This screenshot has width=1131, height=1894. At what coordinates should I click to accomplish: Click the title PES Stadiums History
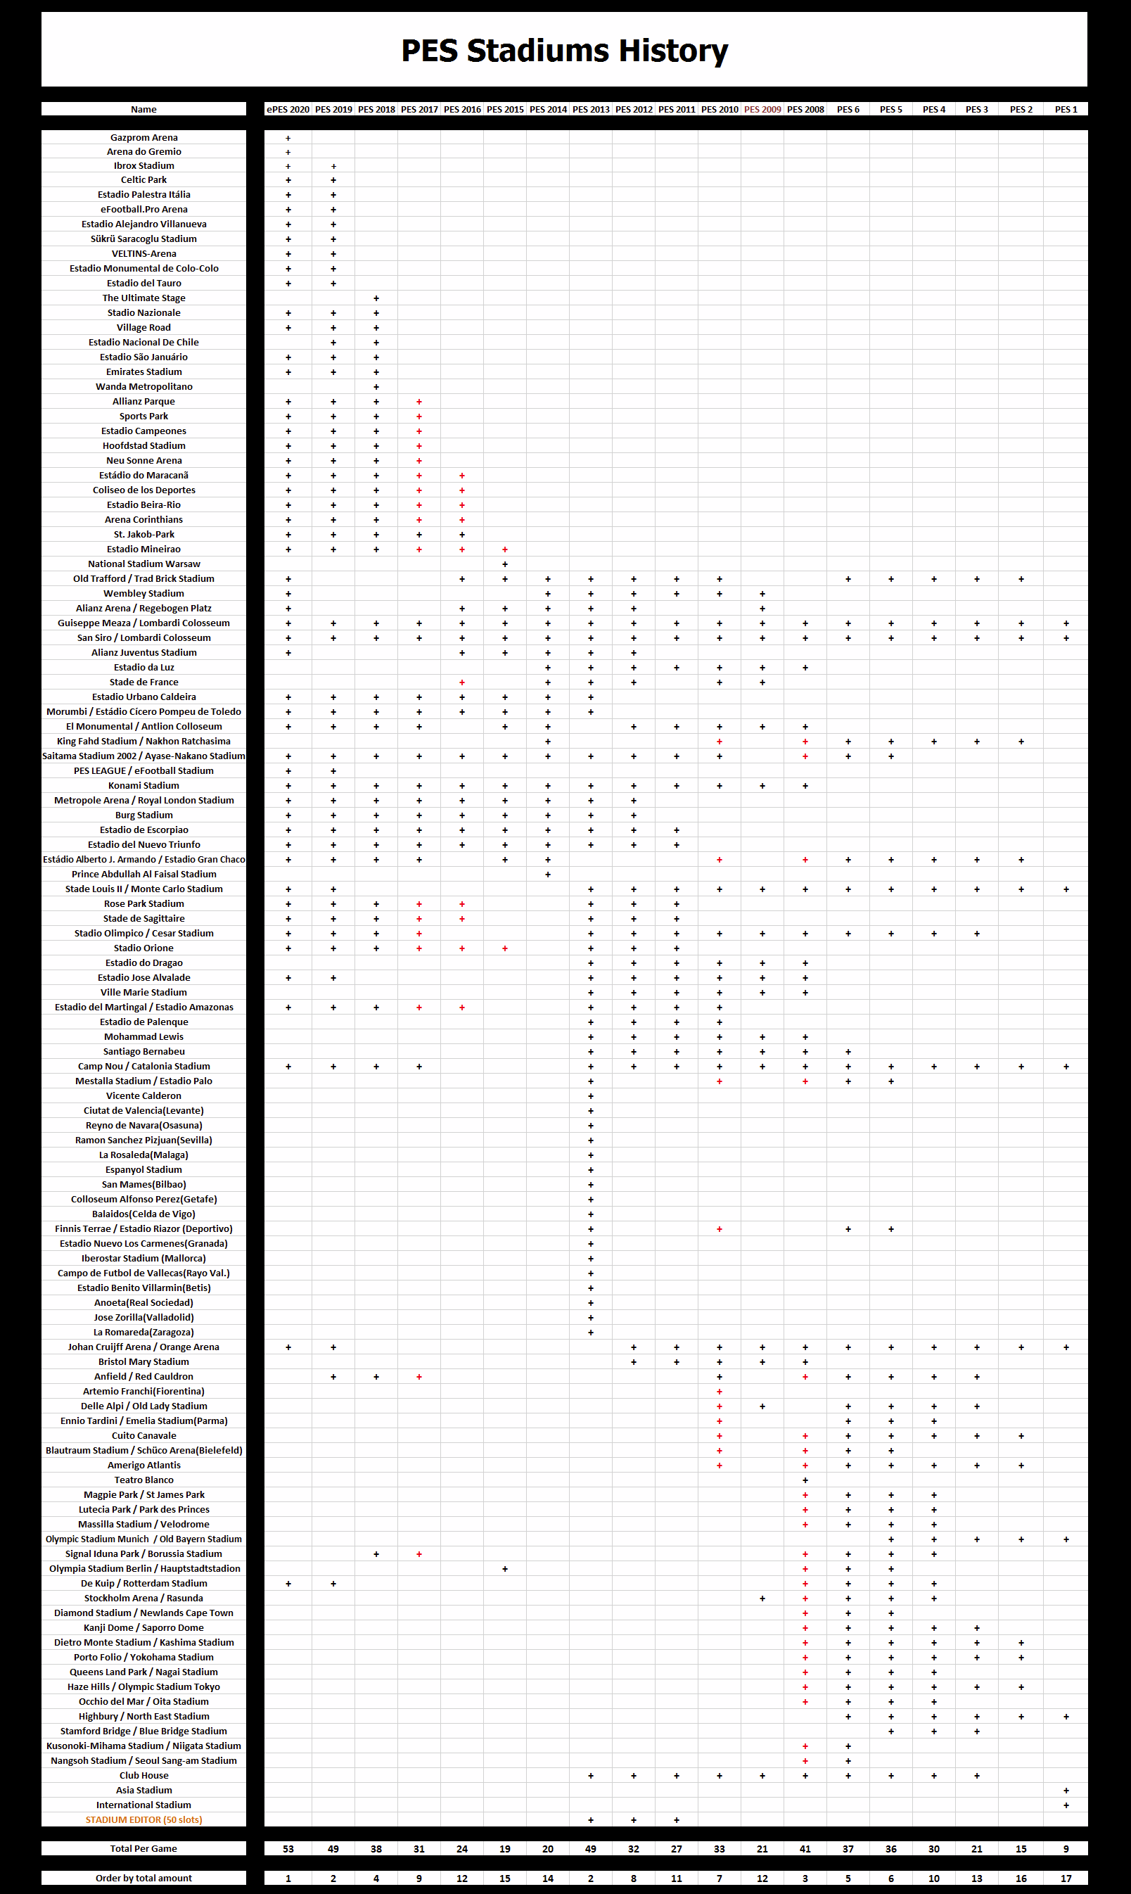coord(564,51)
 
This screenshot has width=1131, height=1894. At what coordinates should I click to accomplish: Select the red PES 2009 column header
coord(762,109)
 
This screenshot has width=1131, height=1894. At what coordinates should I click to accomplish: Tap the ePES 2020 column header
coord(288,109)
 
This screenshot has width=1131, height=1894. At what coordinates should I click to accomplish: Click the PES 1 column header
coord(1066,109)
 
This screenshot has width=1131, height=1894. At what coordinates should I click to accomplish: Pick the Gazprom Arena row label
coord(144,138)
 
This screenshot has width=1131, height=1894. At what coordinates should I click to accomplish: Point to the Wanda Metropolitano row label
coord(144,386)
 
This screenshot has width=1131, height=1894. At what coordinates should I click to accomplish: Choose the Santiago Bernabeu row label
coord(144,1051)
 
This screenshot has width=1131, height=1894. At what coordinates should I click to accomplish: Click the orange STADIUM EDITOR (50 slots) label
coord(144,1819)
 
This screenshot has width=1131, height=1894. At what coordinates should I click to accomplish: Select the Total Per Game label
coord(144,1848)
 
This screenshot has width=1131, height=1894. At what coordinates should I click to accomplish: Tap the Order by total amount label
coord(144,1878)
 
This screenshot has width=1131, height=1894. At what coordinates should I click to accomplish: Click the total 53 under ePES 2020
coord(288,1848)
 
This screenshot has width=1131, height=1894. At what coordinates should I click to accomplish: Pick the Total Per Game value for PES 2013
coord(591,1848)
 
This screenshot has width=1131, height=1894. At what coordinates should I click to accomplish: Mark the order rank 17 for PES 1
coord(1066,1878)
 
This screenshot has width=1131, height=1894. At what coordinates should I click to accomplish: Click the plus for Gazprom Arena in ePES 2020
coord(288,138)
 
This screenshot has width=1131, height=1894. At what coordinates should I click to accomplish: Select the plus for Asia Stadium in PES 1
coord(1066,1791)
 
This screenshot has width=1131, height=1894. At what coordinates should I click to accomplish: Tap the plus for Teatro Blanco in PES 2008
coord(805,1480)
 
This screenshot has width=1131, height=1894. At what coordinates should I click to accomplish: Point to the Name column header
coord(144,109)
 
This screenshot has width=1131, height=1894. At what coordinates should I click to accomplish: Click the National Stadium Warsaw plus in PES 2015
coord(504,564)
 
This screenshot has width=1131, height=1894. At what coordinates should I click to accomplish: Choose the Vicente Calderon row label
coord(144,1095)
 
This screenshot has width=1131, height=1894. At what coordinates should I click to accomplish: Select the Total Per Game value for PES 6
coord(848,1848)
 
